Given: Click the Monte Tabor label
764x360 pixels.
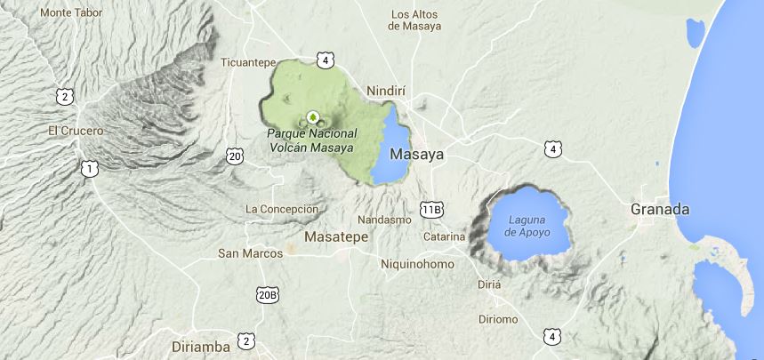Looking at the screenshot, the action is click(x=71, y=13).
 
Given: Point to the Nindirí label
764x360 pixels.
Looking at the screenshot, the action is click(x=387, y=91).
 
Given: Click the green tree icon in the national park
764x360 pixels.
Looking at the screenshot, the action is click(x=313, y=116).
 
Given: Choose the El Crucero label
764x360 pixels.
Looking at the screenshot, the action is click(x=76, y=131).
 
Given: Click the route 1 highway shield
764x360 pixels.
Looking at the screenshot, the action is click(x=87, y=167).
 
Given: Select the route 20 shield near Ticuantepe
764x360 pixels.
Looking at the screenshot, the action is click(x=234, y=156).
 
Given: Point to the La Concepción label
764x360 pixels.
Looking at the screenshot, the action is click(x=281, y=209).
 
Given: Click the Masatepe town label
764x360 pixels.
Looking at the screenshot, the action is click(x=335, y=237).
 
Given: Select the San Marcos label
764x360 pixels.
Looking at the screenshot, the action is click(x=250, y=253).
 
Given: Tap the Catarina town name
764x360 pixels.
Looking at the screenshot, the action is click(x=444, y=236).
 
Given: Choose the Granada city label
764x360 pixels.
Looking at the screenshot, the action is click(x=659, y=210).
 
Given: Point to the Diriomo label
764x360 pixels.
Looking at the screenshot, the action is click(x=498, y=319).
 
